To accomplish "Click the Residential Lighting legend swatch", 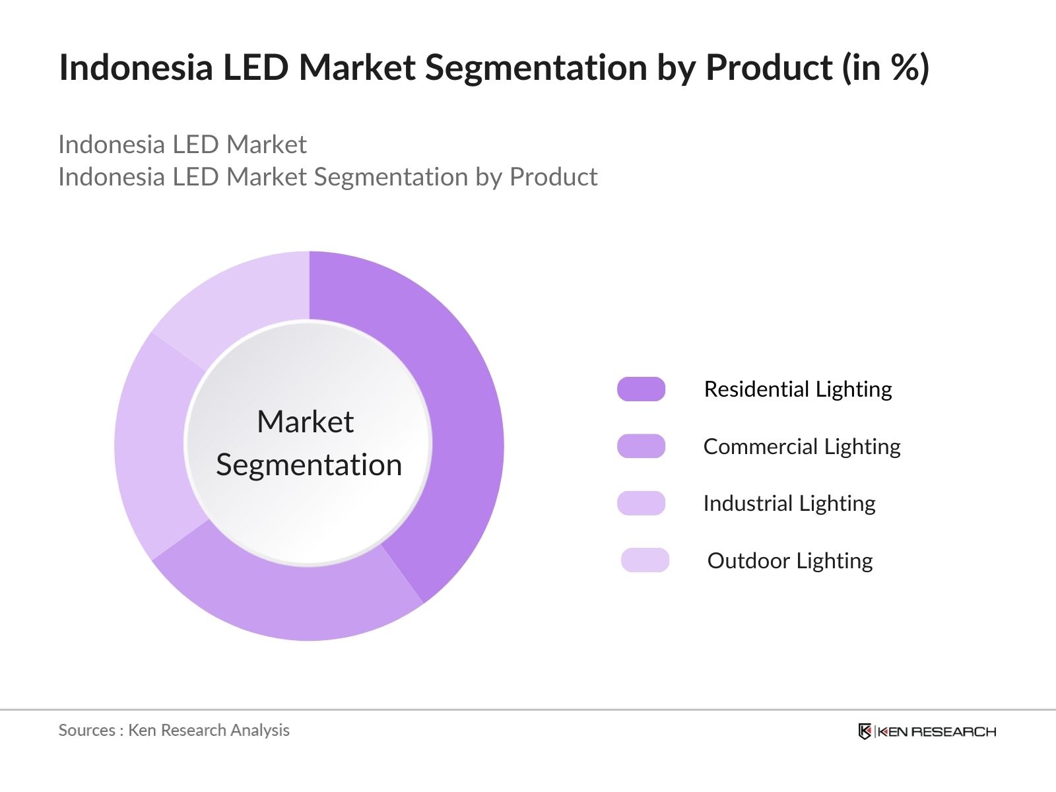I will point(641,389).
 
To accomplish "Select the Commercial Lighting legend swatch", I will point(641,446).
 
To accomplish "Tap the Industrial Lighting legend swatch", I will point(641,504).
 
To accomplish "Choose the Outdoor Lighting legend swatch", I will point(645,560).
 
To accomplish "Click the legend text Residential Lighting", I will point(798,389).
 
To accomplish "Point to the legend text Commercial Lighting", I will point(802,447).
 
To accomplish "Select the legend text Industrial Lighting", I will point(789,504).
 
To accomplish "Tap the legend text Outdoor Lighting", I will point(790,561).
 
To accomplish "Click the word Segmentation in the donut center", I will point(309,465).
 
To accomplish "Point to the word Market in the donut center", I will point(306,422).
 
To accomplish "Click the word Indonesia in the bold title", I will point(136,67).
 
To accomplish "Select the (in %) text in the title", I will point(886,67).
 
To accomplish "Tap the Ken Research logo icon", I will point(865,731).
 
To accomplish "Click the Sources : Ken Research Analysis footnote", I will point(174,730).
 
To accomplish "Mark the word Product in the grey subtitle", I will point(553,177).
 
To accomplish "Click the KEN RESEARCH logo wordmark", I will point(937,731).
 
